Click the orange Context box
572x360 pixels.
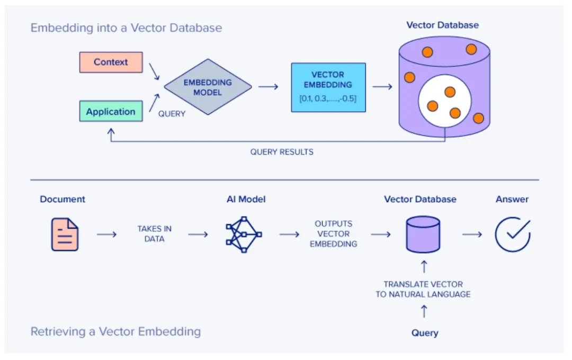coord(111,62)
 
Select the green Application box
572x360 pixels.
coord(111,112)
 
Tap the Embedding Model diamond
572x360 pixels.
coord(208,87)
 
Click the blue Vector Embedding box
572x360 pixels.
coord(328,87)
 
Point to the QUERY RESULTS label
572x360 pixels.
coord(282,152)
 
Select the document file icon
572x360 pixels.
coord(65,235)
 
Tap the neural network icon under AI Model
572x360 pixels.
coord(244,233)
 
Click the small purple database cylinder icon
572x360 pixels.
coord(423,234)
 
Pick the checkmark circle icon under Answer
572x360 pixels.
coord(513,233)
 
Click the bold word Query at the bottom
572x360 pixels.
coord(425,333)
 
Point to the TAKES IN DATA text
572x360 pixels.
coord(154,234)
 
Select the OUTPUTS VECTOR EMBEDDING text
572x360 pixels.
coord(333,234)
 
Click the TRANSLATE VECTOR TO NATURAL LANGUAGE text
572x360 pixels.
coord(423,290)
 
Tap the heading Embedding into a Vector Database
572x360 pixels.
coord(126,28)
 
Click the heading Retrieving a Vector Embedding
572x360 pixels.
coord(115,332)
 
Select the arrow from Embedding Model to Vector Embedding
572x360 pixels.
coord(269,87)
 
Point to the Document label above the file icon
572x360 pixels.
coord(62,200)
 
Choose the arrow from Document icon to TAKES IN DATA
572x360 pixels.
coord(106,234)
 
